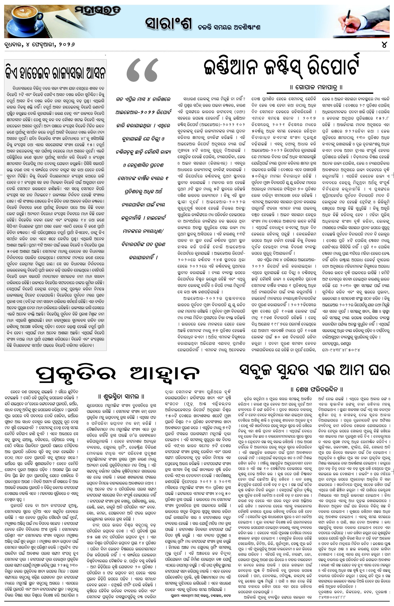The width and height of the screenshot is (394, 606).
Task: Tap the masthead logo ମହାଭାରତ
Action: tap(98, 11)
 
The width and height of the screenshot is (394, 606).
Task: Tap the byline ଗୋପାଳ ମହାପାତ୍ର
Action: tap(317, 87)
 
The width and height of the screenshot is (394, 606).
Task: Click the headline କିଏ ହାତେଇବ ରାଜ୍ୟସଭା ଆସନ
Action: tap(55, 73)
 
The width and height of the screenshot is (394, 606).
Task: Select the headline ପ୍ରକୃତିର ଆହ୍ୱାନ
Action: tap(117, 374)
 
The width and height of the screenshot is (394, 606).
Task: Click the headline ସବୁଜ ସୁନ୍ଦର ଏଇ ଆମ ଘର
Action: tap(315, 370)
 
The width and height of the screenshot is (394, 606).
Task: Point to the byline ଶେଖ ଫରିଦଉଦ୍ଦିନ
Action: tap(317, 389)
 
